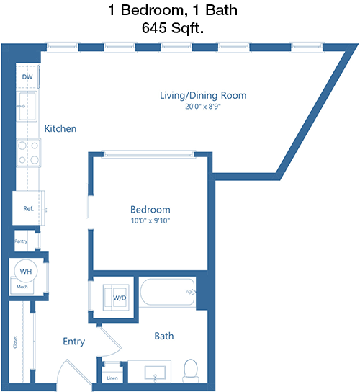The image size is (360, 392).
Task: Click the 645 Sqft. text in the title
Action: coord(173,28)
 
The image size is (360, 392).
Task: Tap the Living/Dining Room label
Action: coord(203,95)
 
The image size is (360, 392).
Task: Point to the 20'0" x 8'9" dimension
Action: coord(203,107)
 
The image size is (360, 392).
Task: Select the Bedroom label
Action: coord(150,210)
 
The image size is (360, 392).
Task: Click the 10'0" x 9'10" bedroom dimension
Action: coord(150,220)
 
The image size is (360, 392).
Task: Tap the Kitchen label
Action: coord(60,128)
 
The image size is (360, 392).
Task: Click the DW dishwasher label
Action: coord(27,77)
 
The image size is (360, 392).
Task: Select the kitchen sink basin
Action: coord(27,106)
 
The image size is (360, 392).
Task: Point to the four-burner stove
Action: coord(29,153)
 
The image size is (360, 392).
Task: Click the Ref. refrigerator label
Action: coord(29,208)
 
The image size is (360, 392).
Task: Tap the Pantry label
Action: coord(21,241)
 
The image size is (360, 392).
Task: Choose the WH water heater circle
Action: coord(26,271)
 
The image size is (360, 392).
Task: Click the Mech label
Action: coord(22,287)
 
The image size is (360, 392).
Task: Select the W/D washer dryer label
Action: coord(120,298)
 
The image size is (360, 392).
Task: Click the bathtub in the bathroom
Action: coord(167,292)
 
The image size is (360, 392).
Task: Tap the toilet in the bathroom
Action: coord(191,371)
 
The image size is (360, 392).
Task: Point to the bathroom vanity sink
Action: coord(155,373)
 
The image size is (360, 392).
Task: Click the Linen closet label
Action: coord(112,378)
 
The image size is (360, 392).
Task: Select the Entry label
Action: coord(73,342)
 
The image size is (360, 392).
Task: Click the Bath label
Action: coord(164,336)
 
